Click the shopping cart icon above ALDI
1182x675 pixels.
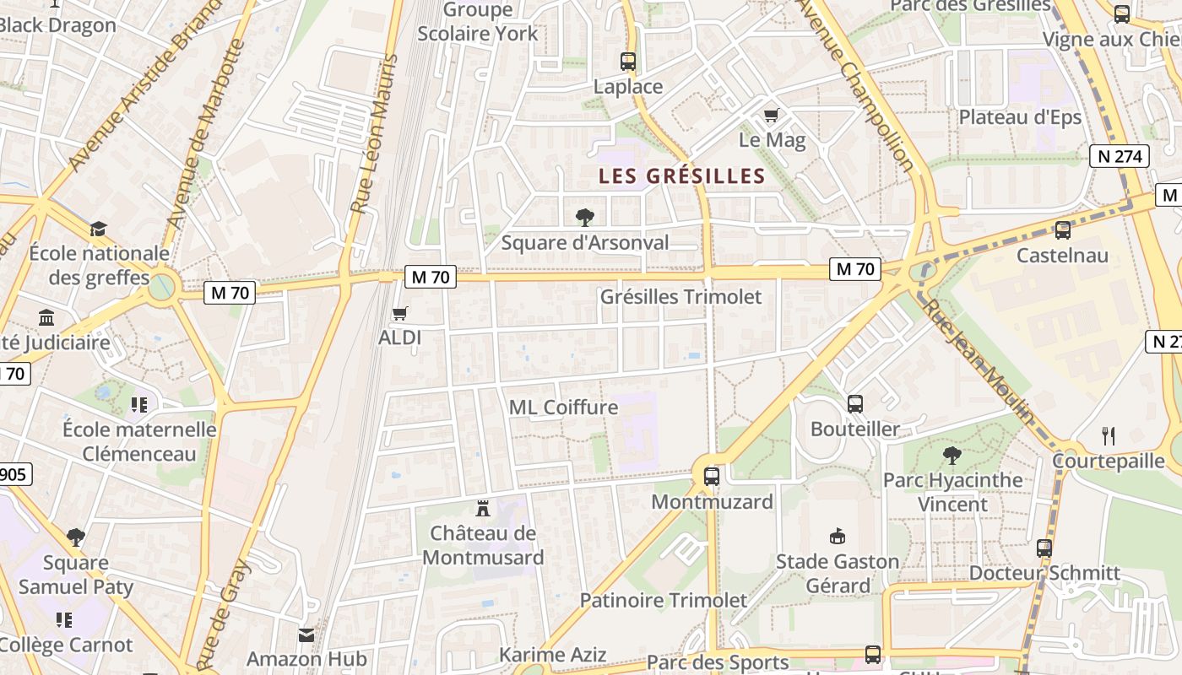click(400, 314)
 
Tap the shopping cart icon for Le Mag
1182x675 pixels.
click(771, 116)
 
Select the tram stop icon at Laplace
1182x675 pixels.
click(628, 61)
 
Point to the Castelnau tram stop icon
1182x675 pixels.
click(1063, 229)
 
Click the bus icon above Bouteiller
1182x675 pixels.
click(855, 404)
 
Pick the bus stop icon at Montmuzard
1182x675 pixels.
click(712, 477)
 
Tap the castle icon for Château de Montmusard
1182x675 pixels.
click(483, 508)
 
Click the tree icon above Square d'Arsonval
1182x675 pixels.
click(584, 218)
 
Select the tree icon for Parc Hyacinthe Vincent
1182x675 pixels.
click(952, 456)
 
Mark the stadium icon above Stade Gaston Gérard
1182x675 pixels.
click(838, 537)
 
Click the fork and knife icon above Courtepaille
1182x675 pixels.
click(1109, 436)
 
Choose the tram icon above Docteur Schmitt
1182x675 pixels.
click(1044, 548)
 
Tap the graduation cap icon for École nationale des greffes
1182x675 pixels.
click(99, 229)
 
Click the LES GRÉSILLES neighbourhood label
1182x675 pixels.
click(681, 176)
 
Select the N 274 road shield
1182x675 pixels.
click(1120, 156)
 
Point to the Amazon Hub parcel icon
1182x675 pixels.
click(306, 634)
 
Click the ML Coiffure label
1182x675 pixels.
click(563, 408)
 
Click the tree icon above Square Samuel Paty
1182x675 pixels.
click(76, 537)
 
